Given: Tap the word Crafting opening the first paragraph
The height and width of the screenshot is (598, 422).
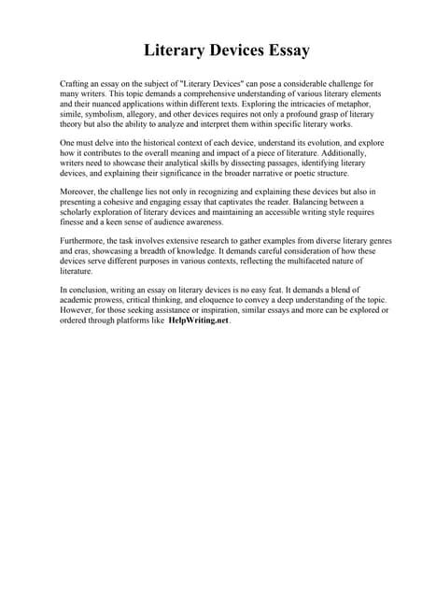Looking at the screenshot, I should (77, 84).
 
